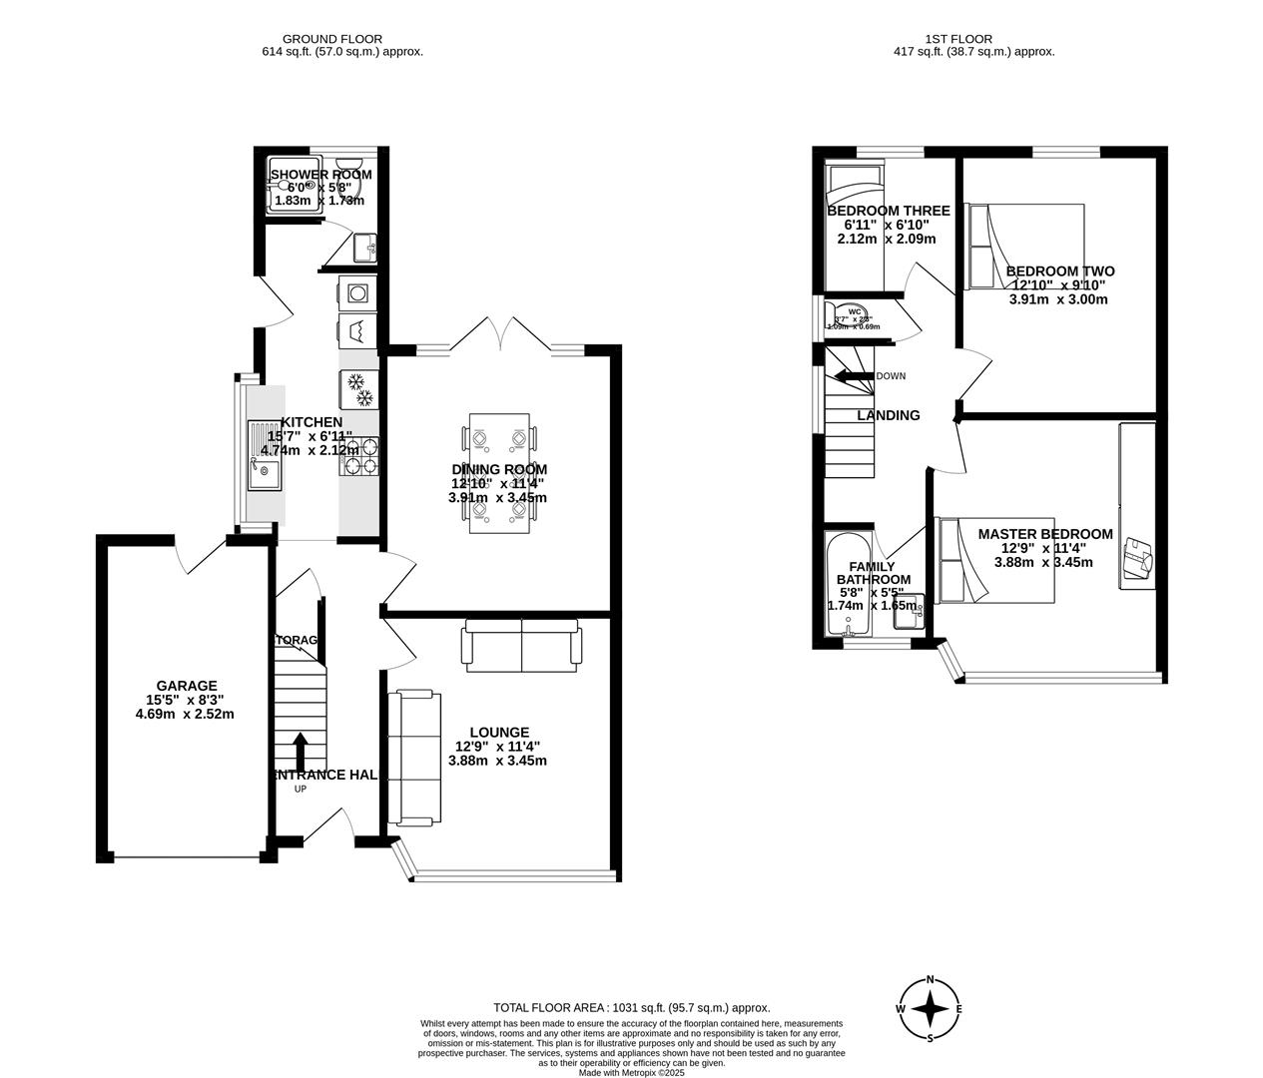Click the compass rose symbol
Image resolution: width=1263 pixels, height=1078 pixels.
pos(930,1009)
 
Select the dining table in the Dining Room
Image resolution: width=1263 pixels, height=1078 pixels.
pos(499,473)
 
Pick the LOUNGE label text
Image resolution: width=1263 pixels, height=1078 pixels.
pos(499,732)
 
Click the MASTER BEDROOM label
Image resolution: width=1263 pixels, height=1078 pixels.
pos(1044,534)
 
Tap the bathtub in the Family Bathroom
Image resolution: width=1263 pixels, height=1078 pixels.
pos(849,585)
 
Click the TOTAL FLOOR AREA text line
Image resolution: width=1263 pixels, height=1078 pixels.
pos(632,1008)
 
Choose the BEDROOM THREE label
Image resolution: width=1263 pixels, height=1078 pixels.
pos(888,211)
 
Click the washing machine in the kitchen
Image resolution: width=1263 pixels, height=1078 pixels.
pos(357,292)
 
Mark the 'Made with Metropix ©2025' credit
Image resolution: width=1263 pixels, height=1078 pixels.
pos(632,1072)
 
